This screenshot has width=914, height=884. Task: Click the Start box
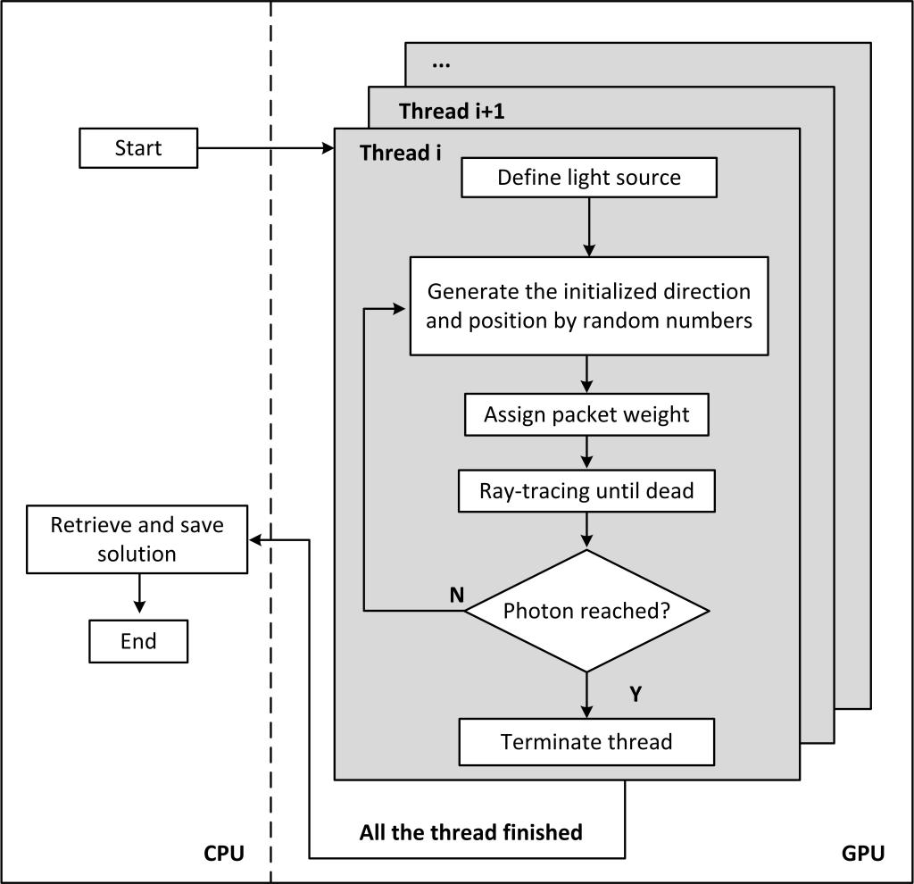coord(138,148)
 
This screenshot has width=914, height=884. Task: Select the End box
coord(138,641)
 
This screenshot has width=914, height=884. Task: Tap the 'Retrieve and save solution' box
coord(137,540)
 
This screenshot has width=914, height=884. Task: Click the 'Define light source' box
coord(589,178)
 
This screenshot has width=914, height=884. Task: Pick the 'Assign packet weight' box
coord(586,415)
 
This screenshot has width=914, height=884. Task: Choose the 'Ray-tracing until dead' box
coord(586,491)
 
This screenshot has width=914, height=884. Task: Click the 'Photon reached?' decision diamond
coord(586,612)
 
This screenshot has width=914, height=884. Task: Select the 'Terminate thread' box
coord(586,742)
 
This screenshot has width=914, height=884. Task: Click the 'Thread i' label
coord(401,153)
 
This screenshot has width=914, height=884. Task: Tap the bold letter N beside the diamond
coord(457,596)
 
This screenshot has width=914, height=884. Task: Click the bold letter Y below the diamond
coord(635,695)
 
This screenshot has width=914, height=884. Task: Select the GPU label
coord(863,854)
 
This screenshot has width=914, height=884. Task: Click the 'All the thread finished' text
coord(470,833)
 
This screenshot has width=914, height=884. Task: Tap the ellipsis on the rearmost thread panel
coord(440,65)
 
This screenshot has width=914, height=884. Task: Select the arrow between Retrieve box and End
coord(138,594)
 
